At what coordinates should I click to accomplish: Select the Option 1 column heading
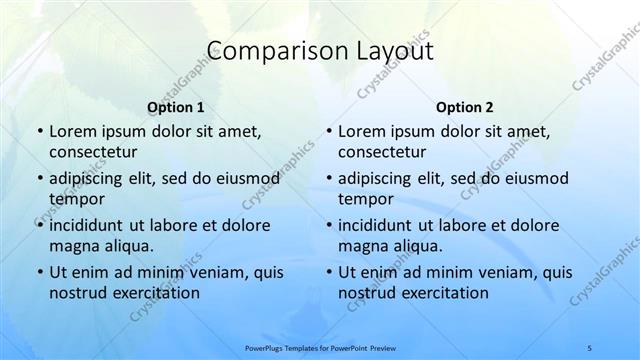176,107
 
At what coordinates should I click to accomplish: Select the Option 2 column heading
465,107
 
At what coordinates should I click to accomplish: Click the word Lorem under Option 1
72,131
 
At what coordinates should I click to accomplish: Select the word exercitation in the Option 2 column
441,293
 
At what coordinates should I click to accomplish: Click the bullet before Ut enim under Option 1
38,272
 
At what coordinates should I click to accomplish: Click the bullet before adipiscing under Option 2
327,179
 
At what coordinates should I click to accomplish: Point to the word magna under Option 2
362,245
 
